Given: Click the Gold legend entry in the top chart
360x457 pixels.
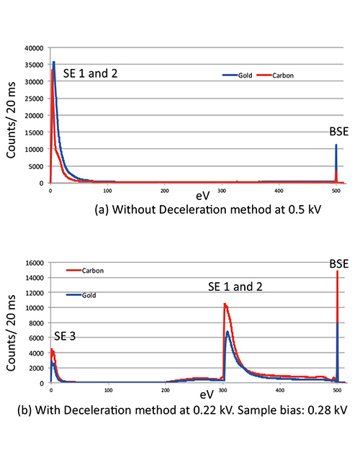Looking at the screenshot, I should click(x=238, y=75).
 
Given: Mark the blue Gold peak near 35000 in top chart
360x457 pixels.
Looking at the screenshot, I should click(x=53, y=63).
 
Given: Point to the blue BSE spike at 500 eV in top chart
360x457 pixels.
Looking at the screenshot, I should click(x=336, y=145).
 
